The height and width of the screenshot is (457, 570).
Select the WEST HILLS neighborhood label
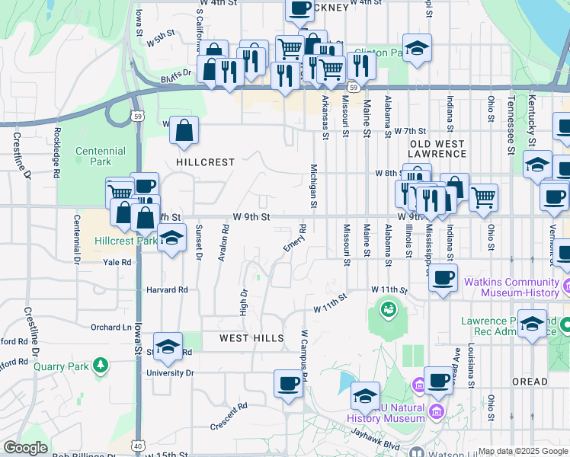pyautogui.click(x=251, y=337)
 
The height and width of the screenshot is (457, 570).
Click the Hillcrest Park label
pyautogui.click(x=124, y=240)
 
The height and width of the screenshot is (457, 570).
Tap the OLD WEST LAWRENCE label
pyautogui.click(x=437, y=149)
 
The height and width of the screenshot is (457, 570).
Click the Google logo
pyautogui.click(x=25, y=448)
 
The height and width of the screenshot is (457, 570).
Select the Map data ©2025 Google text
pyautogui.click(x=522, y=451)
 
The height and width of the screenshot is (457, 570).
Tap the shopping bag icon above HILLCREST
pyautogui.click(x=184, y=131)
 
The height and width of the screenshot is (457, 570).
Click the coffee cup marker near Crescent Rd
pyautogui.click(x=288, y=384)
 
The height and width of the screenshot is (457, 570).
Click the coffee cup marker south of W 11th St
pyautogui.click(x=443, y=277)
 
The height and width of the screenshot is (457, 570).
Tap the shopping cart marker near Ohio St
pyautogui.click(x=484, y=198)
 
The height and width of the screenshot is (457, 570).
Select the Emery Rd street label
pyautogui.click(x=295, y=238)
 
